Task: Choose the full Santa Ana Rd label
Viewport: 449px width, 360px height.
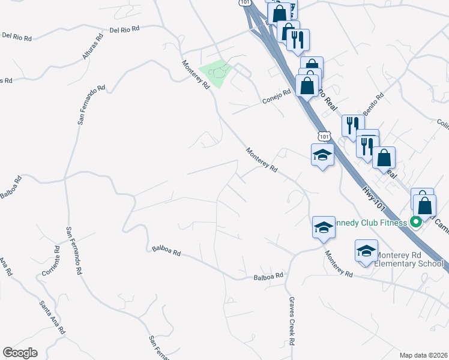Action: [x=52, y=316]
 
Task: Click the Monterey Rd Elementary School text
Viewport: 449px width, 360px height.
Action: [x=409, y=259]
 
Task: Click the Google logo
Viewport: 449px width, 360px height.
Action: [x=20, y=353]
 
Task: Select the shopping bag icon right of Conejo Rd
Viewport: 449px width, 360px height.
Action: [x=307, y=85]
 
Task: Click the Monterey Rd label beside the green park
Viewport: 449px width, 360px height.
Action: [x=196, y=74]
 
